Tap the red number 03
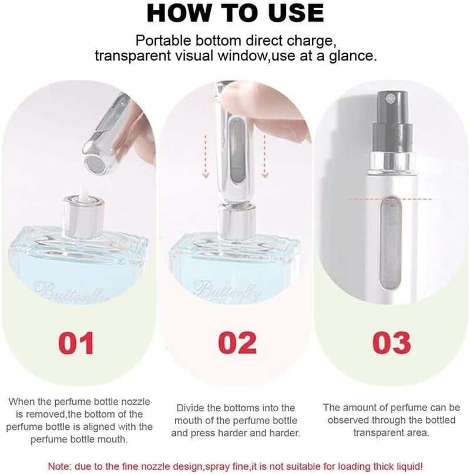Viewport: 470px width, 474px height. [390, 343]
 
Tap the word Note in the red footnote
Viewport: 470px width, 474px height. [60, 466]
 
